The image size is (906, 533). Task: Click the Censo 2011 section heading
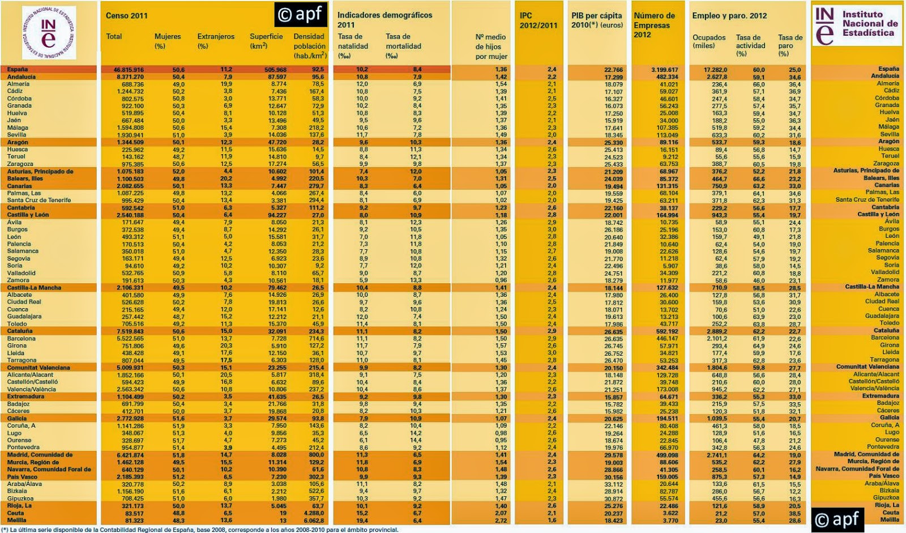tap(127, 15)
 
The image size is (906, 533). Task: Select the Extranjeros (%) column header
tap(215, 41)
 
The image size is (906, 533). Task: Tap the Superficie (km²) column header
tap(266, 41)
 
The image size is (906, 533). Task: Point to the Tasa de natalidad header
tap(353, 46)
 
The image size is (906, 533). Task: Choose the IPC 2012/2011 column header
tap(538, 20)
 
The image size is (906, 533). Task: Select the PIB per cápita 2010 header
tap(596, 20)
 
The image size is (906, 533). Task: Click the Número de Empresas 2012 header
tap(654, 25)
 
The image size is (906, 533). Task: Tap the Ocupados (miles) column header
tap(708, 41)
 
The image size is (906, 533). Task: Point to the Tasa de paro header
tap(790, 45)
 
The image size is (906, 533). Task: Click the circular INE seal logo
tap(49, 33)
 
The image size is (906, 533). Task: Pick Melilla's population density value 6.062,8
tap(313, 521)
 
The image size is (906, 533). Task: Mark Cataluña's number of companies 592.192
tap(666, 332)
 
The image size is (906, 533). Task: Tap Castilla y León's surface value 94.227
tap(276, 215)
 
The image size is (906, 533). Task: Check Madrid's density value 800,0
tap(316, 455)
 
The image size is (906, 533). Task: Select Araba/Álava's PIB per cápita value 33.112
tap(613, 484)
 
